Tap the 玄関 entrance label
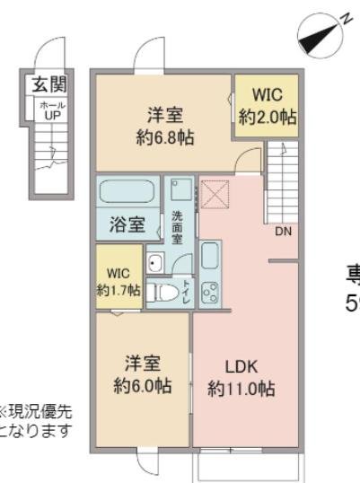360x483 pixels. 52,86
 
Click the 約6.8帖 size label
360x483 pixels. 166,138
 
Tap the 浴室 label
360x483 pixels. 127,224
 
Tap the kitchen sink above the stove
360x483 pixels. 210,256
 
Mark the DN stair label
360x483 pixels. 283,231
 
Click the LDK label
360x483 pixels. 241,365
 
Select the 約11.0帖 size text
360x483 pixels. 241,389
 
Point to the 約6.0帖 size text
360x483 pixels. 142,386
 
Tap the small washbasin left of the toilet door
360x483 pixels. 154,262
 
